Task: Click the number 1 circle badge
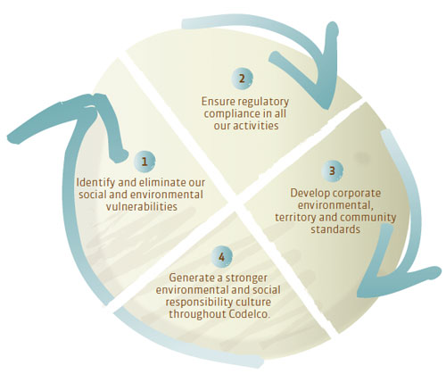tap(145, 162)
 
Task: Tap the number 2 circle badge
tap(242, 79)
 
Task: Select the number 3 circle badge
tap(332, 170)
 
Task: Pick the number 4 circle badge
tap(222, 256)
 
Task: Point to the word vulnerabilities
tap(142, 206)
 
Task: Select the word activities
tap(256, 126)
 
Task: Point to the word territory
tap(295, 218)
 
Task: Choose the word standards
tap(335, 229)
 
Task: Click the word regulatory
tap(263, 102)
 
